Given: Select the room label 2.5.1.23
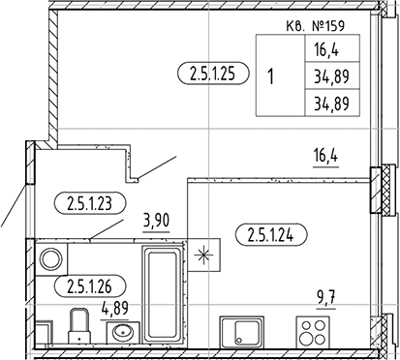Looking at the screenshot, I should tap(93, 202).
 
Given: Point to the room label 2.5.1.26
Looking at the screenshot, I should tap(93, 285).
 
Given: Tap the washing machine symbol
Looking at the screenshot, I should tap(51, 258).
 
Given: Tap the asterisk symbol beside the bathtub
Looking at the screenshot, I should tap(204, 256).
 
